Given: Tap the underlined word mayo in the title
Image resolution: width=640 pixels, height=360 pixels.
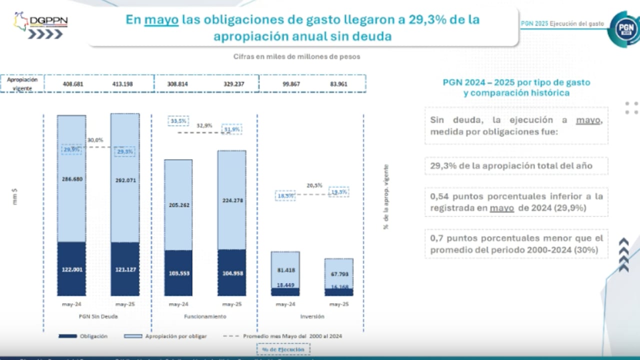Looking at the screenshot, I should (x=161, y=19).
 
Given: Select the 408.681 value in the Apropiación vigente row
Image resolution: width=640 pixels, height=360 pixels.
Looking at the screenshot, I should (x=73, y=84).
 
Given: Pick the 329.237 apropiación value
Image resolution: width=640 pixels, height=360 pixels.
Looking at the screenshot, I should (x=233, y=84).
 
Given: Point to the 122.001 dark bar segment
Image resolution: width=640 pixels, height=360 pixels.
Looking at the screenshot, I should (x=71, y=269).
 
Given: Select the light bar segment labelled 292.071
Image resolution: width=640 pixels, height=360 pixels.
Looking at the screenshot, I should (x=125, y=180).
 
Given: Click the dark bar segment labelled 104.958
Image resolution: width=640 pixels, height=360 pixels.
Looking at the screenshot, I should (x=231, y=272).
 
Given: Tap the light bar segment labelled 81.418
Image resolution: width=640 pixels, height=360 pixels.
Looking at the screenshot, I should (x=285, y=270).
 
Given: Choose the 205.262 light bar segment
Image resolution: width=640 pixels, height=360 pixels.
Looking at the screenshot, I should (x=178, y=205).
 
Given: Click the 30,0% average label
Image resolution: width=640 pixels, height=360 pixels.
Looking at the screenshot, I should (x=95, y=140).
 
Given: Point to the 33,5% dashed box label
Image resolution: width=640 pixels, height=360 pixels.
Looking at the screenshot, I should (x=178, y=121).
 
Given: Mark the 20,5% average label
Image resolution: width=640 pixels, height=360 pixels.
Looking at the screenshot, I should (x=314, y=185).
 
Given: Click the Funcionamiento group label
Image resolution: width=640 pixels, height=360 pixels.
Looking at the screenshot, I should (x=205, y=316).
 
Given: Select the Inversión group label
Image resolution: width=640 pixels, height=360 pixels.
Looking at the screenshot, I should (x=312, y=316).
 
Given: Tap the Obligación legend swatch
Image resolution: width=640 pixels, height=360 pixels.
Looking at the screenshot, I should (x=67, y=336).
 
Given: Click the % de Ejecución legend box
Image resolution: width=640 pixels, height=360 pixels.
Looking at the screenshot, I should (x=283, y=349).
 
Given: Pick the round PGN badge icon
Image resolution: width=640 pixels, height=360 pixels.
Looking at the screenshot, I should (x=623, y=29).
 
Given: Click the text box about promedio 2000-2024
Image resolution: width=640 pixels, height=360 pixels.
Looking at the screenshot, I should (x=516, y=244).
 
